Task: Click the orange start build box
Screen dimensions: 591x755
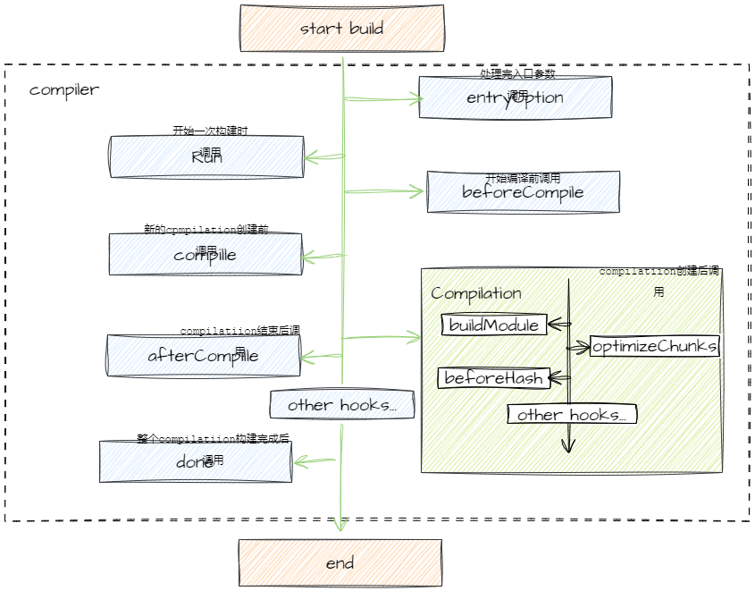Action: pyautogui.click(x=341, y=29)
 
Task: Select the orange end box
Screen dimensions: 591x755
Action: pyautogui.click(x=340, y=562)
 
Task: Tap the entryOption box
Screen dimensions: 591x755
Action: pyautogui.click(x=516, y=97)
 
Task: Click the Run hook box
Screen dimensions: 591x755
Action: pyautogui.click(x=206, y=157)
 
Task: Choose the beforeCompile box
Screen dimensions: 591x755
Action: pyautogui.click(x=523, y=192)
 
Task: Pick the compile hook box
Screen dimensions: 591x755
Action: pyautogui.click(x=206, y=255)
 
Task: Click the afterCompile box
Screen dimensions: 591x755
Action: pyautogui.click(x=203, y=356)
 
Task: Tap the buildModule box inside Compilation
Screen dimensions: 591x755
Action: pyautogui.click(x=494, y=325)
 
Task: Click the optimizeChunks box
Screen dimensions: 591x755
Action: pyautogui.click(x=655, y=346)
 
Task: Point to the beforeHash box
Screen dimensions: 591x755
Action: pyautogui.click(x=493, y=378)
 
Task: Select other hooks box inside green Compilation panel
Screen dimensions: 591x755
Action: pyautogui.click(x=572, y=414)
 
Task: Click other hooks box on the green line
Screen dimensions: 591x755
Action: pyautogui.click(x=342, y=405)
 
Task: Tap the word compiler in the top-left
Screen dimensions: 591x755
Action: pyautogui.click(x=64, y=90)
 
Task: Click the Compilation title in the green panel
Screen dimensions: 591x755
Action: pyautogui.click(x=476, y=293)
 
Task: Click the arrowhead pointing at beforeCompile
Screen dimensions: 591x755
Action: pyautogui.click(x=416, y=191)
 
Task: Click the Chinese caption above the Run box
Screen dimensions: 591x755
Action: pyautogui.click(x=210, y=131)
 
